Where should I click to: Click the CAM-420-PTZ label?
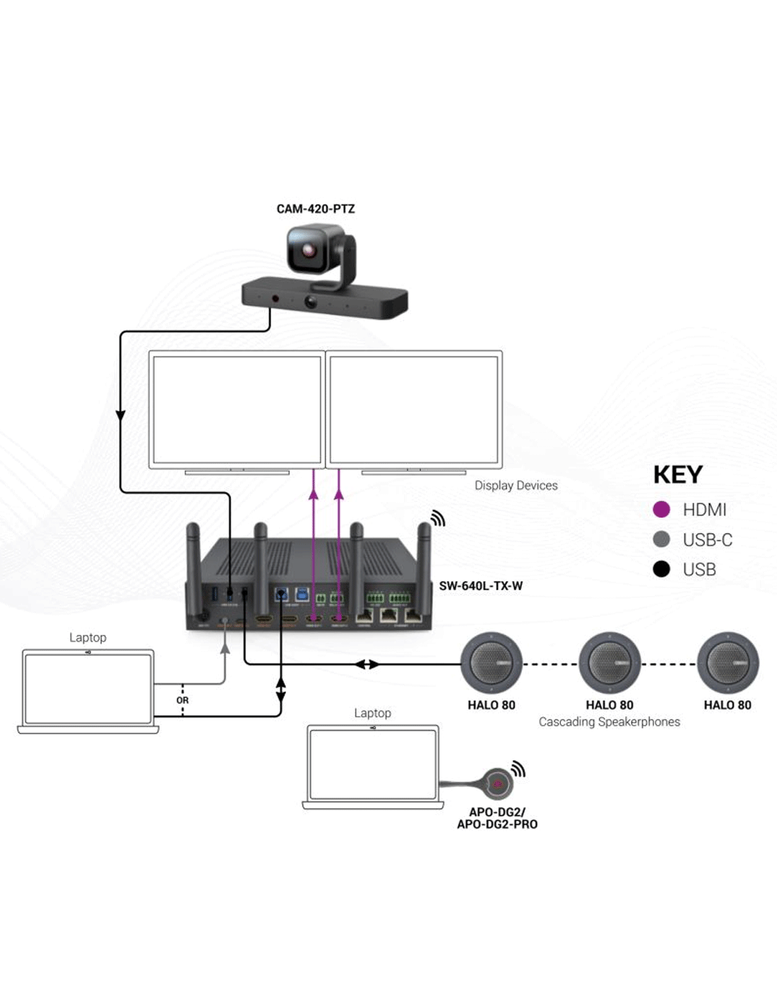coord(315,209)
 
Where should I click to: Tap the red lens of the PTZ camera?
coord(309,251)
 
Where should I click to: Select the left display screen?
coord(237,409)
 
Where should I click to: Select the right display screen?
coord(414,409)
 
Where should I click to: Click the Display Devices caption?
coord(516,486)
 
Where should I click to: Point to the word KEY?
coord(677,475)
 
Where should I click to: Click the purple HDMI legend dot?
coord(661,510)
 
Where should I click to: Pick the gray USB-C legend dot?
coord(661,539)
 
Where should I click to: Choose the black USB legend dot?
coord(661,569)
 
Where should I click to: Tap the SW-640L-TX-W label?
coord(480,586)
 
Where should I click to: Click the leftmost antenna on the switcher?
coord(192,565)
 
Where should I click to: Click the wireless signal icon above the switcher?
coord(438,519)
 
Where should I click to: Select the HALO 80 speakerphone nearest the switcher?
coord(492,664)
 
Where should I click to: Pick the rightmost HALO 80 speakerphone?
coord(728,664)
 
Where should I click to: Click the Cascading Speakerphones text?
coord(609,722)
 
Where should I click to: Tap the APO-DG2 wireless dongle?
coord(498,783)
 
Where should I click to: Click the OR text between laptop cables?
coord(182,700)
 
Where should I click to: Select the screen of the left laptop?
coord(88,688)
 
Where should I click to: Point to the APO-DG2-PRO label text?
coord(497,825)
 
